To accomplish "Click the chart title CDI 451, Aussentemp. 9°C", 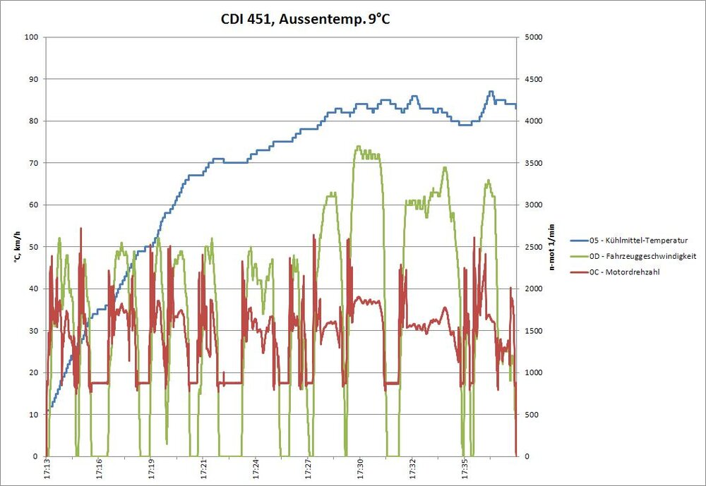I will pos(305,20).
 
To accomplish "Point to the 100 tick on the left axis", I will pos(30,37).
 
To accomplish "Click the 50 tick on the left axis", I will pos(32,247).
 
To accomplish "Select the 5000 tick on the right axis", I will pos(532,37).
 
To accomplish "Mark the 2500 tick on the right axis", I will pos(532,247).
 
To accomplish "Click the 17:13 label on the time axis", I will pos(47,468).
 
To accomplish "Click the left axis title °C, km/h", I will pos(15,247).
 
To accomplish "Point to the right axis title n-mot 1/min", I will pos(552,247).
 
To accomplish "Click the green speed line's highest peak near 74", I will pos(359,147).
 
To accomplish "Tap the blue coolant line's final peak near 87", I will pos(491,92).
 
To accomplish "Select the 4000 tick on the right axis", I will pos(532,121).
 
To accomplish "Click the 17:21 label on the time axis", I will pos(203,468).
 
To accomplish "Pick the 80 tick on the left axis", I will pos(32,121).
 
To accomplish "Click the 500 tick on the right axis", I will pos(530,415).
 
